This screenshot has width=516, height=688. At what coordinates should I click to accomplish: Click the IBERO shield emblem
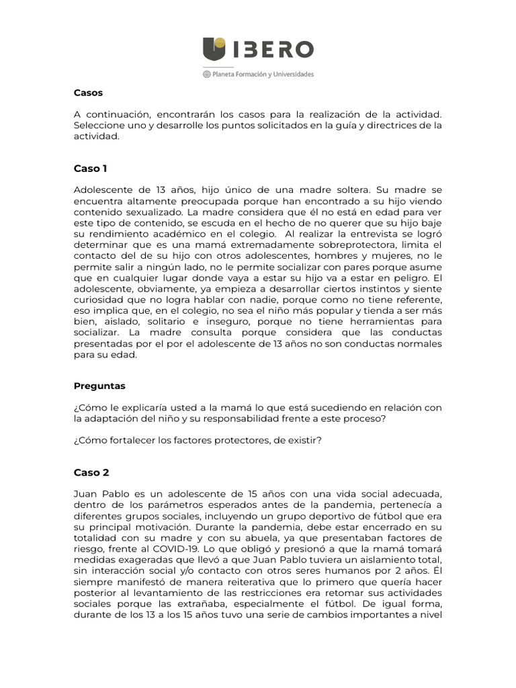214,50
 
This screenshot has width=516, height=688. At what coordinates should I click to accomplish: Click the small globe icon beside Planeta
206,75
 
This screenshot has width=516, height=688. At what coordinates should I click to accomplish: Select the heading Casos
88,93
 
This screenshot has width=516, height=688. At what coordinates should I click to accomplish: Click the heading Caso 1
90,169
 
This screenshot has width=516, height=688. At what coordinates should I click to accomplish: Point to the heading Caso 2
91,472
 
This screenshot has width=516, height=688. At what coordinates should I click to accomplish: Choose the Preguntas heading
99,386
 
